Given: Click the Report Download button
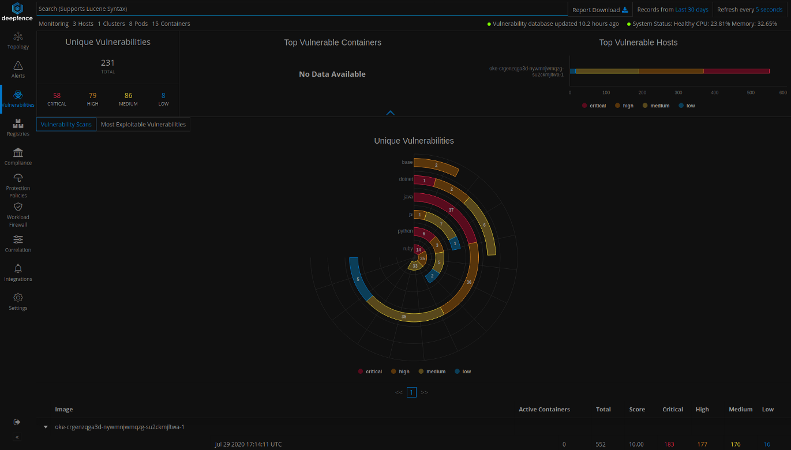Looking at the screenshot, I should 600,10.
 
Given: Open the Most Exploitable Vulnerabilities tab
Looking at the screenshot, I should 143,125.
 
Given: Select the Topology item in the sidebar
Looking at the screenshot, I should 18,40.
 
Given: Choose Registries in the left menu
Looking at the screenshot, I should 18,127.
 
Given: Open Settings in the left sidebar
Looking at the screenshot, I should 18,301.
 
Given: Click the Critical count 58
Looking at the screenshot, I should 57,96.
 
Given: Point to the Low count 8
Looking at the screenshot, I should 163,96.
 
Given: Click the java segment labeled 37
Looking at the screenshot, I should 451,210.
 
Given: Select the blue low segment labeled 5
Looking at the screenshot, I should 358,279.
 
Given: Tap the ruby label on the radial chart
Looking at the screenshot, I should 408,249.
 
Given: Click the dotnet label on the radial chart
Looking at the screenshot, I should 406,179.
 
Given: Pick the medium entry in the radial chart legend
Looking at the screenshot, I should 432,372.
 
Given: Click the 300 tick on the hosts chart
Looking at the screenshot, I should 678,92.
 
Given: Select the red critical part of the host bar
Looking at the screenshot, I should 736,71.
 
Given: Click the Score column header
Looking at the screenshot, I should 637,410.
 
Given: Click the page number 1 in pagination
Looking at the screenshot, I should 411,392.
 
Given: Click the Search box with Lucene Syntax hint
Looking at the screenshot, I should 300,9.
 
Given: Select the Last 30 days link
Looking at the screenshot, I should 692,10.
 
